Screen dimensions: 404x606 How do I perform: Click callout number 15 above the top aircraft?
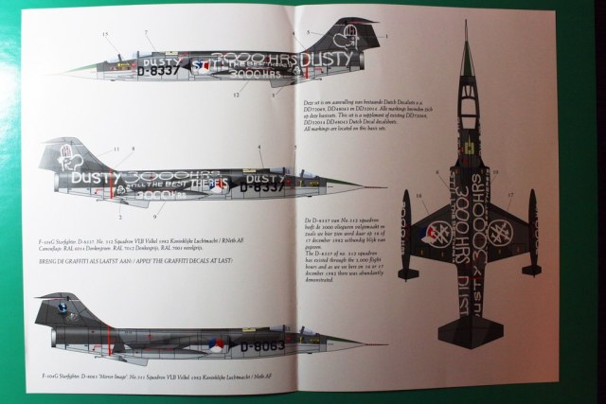coord(107,34)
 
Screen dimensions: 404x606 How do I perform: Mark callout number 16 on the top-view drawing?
coord(419,195)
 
